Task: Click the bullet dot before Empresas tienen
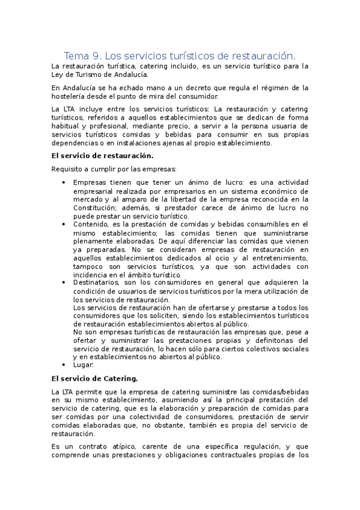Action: (x=64, y=182)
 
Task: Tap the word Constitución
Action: (x=98, y=207)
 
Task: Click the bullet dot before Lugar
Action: (x=64, y=364)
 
